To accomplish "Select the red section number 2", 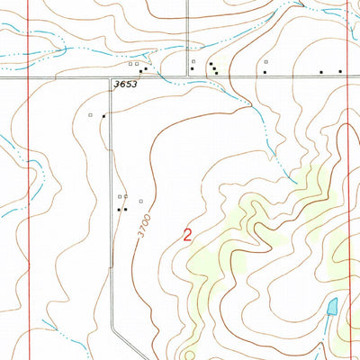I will coord(187,237).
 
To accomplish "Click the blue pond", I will coord(332,307).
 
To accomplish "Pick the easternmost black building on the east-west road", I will coord(340,71).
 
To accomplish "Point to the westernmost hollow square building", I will coord(90,115).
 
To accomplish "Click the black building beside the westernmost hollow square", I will coord(104,115).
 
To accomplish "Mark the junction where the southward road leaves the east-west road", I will coord(111,77).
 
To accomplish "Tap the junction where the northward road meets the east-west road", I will coord(186,77).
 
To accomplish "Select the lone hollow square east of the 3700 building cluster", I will coord(140,202).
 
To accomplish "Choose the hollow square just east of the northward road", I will coord(192,61).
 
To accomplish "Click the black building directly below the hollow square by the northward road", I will coord(192,69).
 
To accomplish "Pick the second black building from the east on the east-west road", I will coord(321,71).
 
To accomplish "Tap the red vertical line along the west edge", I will coord(29,180).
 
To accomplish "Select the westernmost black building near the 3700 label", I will coord(118,209).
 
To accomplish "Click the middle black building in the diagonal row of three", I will coord(213,67).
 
